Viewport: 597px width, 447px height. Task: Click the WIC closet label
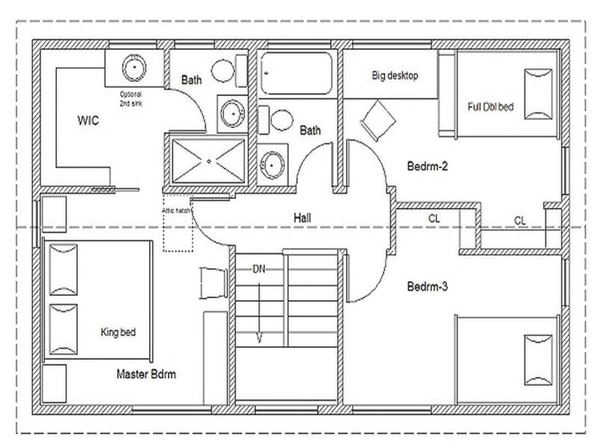[x=88, y=121]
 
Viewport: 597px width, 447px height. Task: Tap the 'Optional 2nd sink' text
[x=131, y=98]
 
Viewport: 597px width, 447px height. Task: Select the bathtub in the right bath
[x=296, y=73]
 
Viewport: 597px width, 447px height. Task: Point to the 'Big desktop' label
[x=395, y=76]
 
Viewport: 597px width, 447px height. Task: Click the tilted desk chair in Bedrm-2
[x=378, y=120]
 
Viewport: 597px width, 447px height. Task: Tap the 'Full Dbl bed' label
[x=490, y=107]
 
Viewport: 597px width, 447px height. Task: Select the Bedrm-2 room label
[x=427, y=166]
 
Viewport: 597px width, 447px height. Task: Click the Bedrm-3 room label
[x=427, y=286]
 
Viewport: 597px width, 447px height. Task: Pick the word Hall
[x=302, y=218]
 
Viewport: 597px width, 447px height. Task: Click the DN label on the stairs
[x=259, y=269]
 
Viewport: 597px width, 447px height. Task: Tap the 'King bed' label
[x=118, y=332]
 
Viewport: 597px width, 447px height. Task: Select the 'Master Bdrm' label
[x=146, y=374]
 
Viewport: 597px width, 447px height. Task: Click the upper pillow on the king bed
[x=63, y=269]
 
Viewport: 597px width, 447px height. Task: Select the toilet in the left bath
[x=224, y=70]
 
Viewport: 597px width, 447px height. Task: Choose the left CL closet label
[x=434, y=219]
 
